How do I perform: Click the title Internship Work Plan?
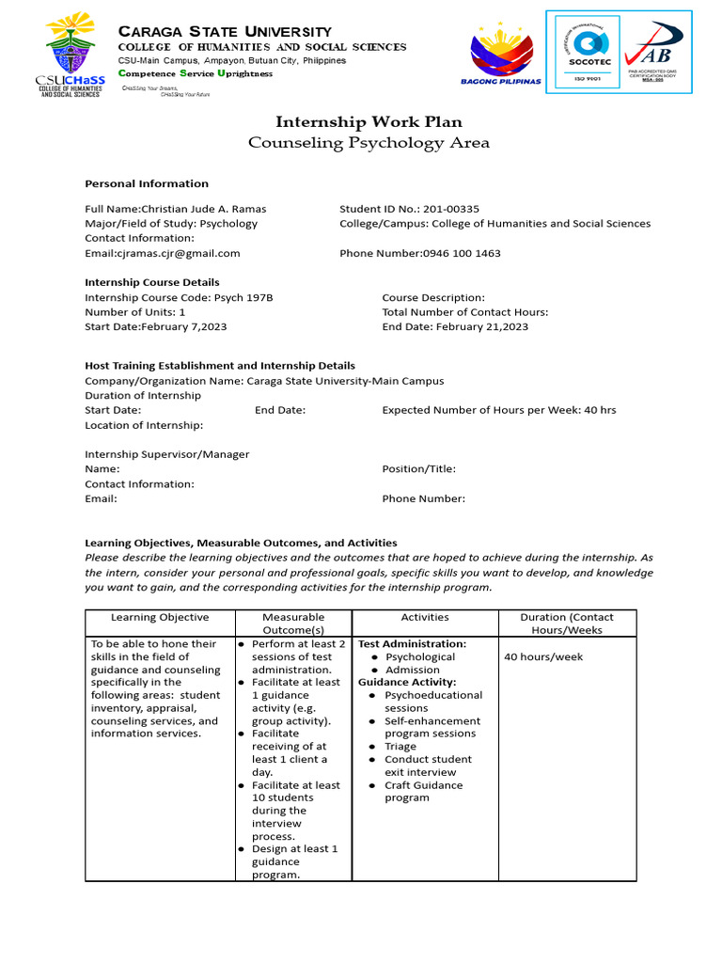click(x=369, y=122)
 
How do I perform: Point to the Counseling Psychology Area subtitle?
click(x=369, y=143)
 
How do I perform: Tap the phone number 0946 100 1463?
click(x=460, y=253)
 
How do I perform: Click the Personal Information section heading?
click(x=147, y=183)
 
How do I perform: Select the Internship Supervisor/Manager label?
click(x=167, y=454)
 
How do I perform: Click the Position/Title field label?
click(x=418, y=468)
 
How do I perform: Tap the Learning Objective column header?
click(x=160, y=617)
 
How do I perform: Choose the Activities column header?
click(x=425, y=617)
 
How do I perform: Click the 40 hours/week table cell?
click(x=543, y=656)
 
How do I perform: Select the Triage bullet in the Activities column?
click(x=400, y=747)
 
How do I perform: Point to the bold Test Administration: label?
click(x=412, y=643)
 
